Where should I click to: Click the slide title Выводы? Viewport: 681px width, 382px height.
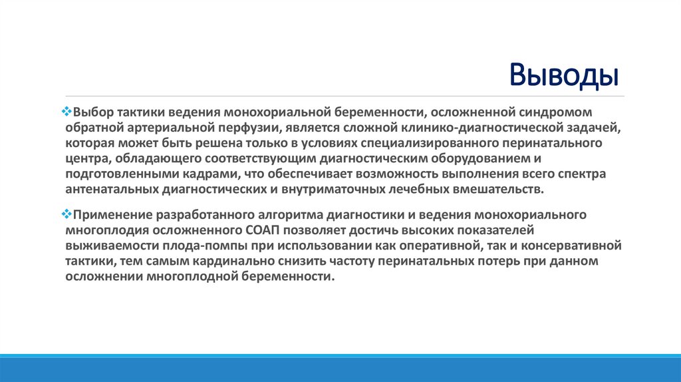pos(564,75)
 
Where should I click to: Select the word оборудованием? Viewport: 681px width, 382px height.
pos(490,158)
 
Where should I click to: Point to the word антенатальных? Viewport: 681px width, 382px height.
pos(112,190)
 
